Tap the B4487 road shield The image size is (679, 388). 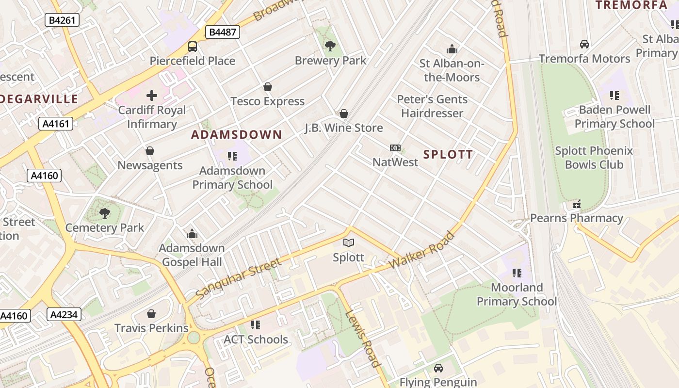tap(223, 32)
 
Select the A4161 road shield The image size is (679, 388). tap(56, 124)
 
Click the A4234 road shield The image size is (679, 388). tap(64, 315)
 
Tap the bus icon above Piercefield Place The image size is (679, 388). tap(193, 47)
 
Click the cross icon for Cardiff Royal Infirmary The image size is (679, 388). tap(152, 96)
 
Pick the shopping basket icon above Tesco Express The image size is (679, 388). tap(267, 87)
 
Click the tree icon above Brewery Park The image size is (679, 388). tap(330, 46)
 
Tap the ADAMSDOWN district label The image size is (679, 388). tap(236, 135)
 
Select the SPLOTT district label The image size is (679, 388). tap(448, 155)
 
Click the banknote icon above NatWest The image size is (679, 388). tap(395, 148)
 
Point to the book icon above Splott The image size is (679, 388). tap(348, 242)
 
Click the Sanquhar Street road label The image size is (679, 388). tap(238, 278)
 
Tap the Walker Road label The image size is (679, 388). tap(422, 251)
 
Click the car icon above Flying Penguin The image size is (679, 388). tap(438, 368)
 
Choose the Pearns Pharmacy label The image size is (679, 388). tap(576, 218)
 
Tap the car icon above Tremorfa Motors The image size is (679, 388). tap(584, 44)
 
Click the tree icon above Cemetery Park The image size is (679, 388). tap(104, 213)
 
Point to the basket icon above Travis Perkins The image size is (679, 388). tap(151, 314)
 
